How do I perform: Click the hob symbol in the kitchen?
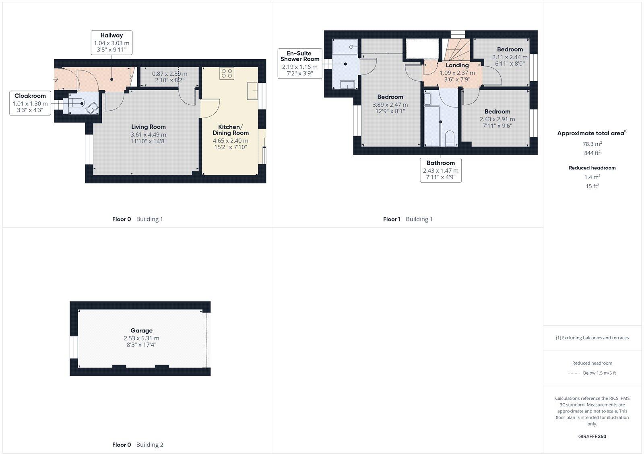pos(227,73)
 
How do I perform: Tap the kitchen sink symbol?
pos(253,91)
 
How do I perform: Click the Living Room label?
pos(149,127)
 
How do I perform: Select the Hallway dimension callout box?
pos(111,43)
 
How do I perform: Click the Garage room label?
pos(141,330)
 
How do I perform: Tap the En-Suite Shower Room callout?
pos(299,63)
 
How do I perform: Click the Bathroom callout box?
pos(440,170)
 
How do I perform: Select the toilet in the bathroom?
pos(450,138)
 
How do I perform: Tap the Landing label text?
pos(457,65)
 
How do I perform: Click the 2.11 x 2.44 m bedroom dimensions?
pos(510,57)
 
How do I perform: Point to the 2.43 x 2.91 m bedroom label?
pos(497,111)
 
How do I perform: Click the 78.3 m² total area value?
pos(592,144)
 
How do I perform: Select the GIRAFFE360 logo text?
pos(592,436)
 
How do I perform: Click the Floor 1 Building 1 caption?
pos(407,219)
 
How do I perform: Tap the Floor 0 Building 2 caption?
pos(137,445)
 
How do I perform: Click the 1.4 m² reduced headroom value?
pos(592,177)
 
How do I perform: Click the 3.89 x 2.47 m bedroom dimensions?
pos(390,105)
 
